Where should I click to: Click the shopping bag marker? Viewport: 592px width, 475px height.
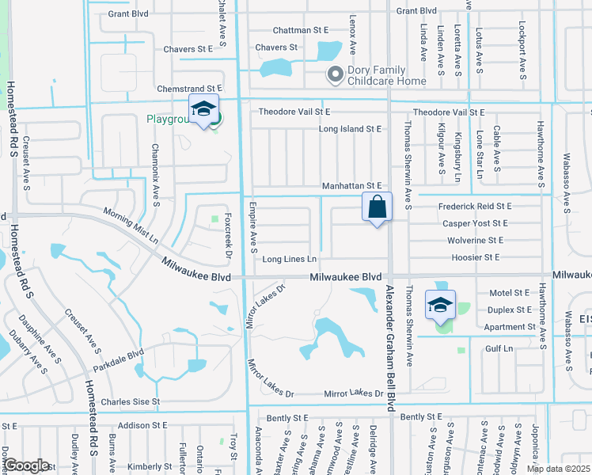coord(378,207)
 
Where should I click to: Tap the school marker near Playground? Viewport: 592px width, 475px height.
coord(203,110)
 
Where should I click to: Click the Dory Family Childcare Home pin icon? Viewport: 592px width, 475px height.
coord(335,74)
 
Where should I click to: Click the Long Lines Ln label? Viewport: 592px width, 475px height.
coord(290,259)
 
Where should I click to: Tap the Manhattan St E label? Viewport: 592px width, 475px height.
coord(352,185)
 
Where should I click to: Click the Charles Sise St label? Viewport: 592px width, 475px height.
coord(131,401)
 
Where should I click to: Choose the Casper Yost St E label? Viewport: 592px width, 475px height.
coord(475,223)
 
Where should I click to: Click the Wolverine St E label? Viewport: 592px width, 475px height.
coord(475,240)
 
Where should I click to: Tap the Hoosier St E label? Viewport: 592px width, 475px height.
coord(475,257)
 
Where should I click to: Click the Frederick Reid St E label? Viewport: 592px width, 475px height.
coord(475,206)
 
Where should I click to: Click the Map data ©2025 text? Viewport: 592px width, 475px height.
coord(559,469)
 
